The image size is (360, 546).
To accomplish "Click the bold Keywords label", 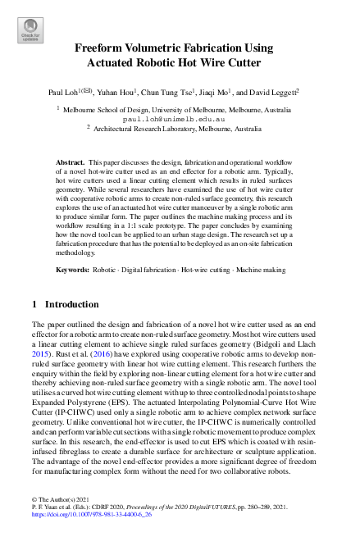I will tap(74, 268).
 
